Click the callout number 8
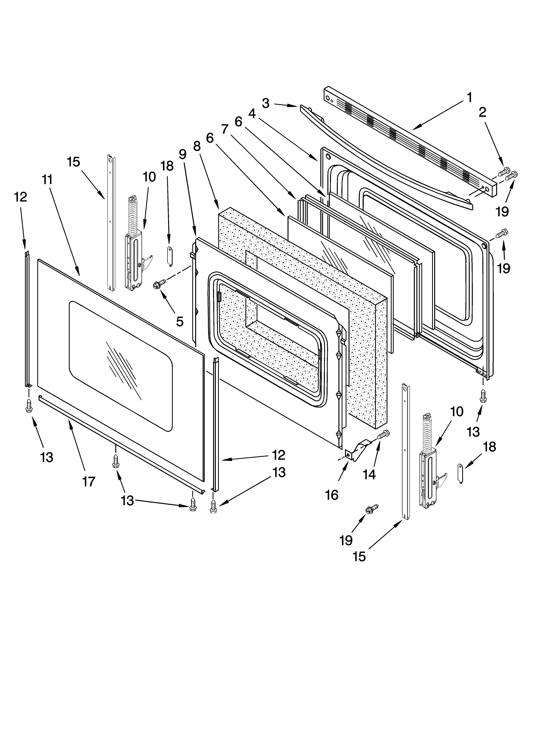pos(197,146)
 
